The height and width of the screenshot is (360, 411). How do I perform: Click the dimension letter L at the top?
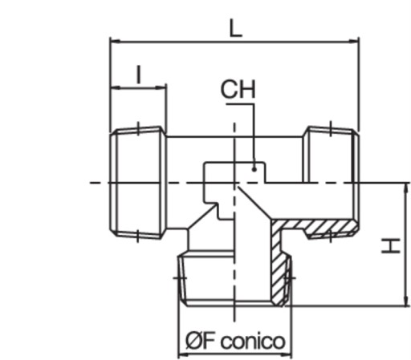235,28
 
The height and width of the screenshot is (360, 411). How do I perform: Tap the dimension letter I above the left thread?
138,75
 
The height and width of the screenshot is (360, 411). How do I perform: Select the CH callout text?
238,89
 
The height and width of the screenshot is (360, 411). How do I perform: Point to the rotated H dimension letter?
391,246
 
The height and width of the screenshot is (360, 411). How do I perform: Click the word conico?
253,342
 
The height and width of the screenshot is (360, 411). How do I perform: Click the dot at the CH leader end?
254,169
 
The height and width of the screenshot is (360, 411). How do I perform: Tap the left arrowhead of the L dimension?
115,42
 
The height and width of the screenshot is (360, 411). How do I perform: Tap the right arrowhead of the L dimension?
354,42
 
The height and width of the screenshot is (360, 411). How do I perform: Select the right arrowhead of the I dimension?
161,87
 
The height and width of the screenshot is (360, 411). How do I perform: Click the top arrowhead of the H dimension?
406,188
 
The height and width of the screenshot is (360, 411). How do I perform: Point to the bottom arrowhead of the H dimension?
406,301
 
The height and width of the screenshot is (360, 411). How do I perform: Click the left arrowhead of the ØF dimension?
184,354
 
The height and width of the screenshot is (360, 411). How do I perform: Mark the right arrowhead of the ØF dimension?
287,354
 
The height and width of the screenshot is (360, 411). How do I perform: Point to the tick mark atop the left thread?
138,128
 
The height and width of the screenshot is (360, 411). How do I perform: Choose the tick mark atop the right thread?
331,128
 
